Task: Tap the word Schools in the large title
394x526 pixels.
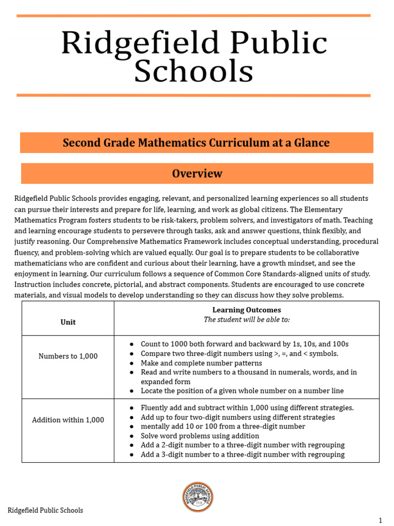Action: coord(193,71)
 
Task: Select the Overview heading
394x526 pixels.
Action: coord(197,174)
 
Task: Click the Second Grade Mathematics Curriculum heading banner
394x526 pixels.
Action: coord(196,143)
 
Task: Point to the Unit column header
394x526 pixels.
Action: coord(68,322)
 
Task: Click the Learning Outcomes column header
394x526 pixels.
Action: coord(246,310)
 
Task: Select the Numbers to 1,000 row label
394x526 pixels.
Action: coord(68,356)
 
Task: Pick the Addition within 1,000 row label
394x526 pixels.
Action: coord(68,420)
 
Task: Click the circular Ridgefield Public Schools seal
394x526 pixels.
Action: coord(198,497)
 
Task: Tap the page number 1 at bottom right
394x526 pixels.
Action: coord(380,520)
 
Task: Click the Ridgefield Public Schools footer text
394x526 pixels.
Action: coord(45,510)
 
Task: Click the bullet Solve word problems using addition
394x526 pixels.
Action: coord(200,436)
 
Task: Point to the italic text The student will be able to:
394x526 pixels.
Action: coord(246,320)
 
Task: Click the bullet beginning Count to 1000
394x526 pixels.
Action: coord(244,344)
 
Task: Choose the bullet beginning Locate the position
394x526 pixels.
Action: coord(242,391)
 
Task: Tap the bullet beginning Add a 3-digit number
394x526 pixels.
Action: coord(242,455)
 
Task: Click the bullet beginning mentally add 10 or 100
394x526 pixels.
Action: coord(223,426)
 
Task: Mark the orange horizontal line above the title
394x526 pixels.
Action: coord(193,16)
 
